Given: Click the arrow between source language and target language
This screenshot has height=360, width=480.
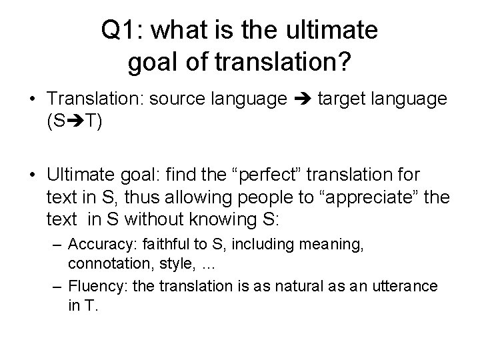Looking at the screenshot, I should pyautogui.click(x=304, y=99).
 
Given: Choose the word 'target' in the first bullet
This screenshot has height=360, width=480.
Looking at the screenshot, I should pyautogui.click(x=341, y=99).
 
